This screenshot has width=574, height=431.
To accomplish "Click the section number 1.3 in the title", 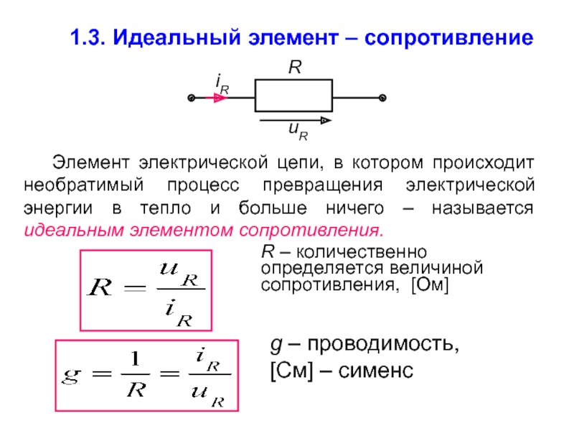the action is pos(88,37).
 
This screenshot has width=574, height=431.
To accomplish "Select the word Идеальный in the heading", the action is pos(177,37).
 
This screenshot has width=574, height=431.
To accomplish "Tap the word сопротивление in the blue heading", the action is pos(449,38).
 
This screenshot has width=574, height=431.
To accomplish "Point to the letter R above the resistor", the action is pos(295,68).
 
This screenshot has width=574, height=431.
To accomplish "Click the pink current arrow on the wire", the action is pos(217,98).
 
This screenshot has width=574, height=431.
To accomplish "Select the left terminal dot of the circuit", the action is pos(191,98).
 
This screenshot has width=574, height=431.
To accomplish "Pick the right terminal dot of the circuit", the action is pos(382,98).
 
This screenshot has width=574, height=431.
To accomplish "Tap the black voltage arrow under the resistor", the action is pos(296,120).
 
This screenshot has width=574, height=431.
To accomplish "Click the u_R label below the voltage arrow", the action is pos(298,131).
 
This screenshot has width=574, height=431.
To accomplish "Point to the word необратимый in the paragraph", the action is pos(84,185).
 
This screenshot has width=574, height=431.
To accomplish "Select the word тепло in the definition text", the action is pos(166,208).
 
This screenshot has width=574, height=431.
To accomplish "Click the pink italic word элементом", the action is pos(182,231).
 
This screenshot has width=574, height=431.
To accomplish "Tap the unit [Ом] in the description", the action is pos(430,284).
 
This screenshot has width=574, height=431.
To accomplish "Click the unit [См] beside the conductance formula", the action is pos(292,371).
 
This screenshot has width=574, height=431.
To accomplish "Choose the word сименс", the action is pos(376,371).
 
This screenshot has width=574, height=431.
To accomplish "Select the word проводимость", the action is pos(383,345).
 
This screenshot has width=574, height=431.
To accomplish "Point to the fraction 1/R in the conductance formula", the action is pos(136,374).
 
